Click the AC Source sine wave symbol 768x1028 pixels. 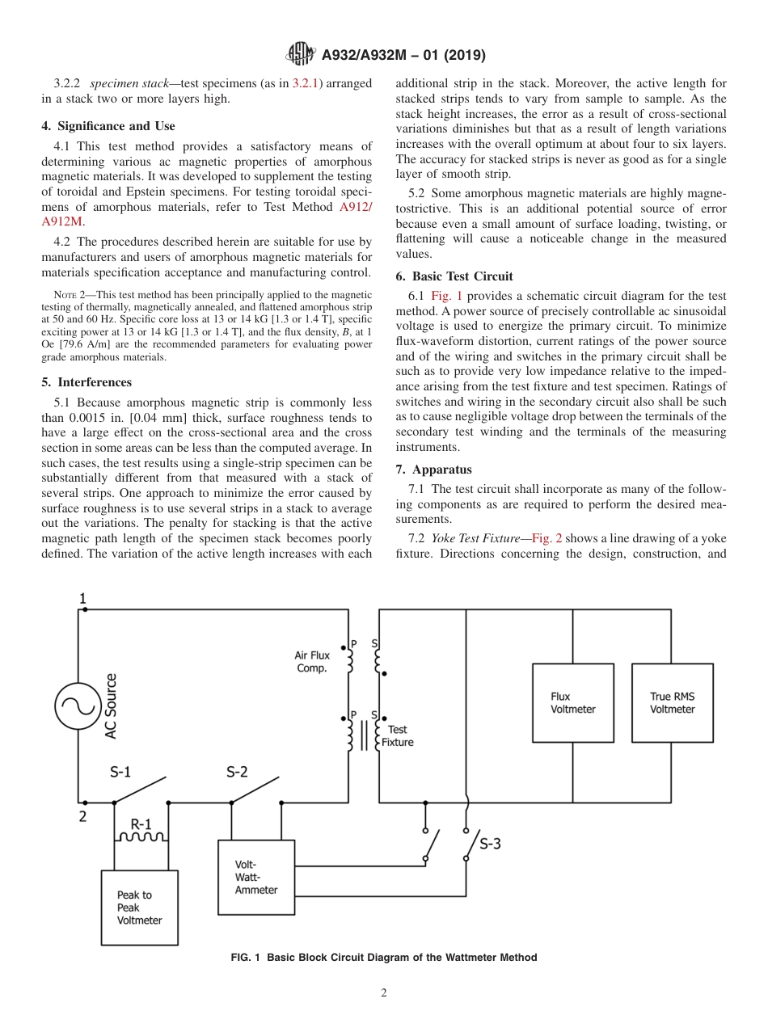point(78,706)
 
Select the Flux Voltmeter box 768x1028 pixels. point(572,702)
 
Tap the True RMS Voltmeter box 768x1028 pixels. point(672,702)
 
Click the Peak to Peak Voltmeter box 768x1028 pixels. point(139,907)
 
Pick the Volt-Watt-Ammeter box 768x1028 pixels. point(256,877)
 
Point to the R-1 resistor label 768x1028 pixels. point(141,824)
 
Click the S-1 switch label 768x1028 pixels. point(120,772)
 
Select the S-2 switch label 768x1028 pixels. point(236,772)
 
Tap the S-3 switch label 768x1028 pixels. point(490,845)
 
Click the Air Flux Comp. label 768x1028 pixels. point(311,662)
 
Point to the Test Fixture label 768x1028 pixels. point(397,735)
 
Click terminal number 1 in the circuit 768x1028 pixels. point(82,599)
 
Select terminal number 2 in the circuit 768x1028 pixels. point(82,816)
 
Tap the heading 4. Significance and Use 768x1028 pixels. point(108,126)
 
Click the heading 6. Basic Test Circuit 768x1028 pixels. point(454,276)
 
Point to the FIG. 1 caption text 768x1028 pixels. point(383,958)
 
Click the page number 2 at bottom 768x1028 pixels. point(384,993)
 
